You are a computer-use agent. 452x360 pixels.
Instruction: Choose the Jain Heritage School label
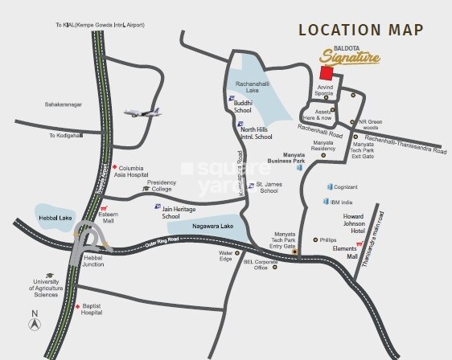point(182,212)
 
